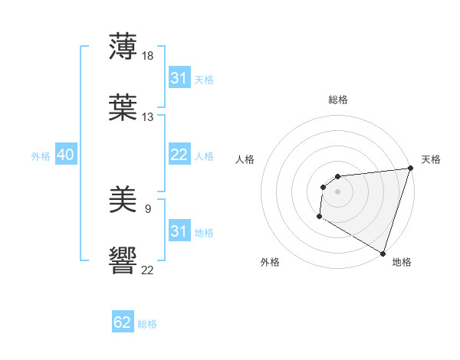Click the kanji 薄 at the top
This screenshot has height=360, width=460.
[123, 47]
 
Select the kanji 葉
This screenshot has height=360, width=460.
[123, 108]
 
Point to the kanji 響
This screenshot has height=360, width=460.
[123, 261]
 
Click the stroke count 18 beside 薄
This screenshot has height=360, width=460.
[149, 56]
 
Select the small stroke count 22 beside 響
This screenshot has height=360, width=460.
[148, 270]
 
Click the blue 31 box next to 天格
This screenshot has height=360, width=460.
[179, 78]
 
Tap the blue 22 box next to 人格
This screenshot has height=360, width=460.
[179, 155]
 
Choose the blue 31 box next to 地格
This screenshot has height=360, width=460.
[179, 231]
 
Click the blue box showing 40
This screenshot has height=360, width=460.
[65, 155]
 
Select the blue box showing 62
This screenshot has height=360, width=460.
[123, 322]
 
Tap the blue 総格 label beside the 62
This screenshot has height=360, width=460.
[147, 324]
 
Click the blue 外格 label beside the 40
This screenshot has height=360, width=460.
[41, 156]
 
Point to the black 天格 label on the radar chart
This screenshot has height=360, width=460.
[431, 159]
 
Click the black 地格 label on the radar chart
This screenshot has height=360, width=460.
[402, 262]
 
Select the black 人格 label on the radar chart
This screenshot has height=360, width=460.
[245, 159]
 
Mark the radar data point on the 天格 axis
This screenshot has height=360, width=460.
[410, 169]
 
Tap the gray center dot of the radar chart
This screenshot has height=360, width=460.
[337, 191]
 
